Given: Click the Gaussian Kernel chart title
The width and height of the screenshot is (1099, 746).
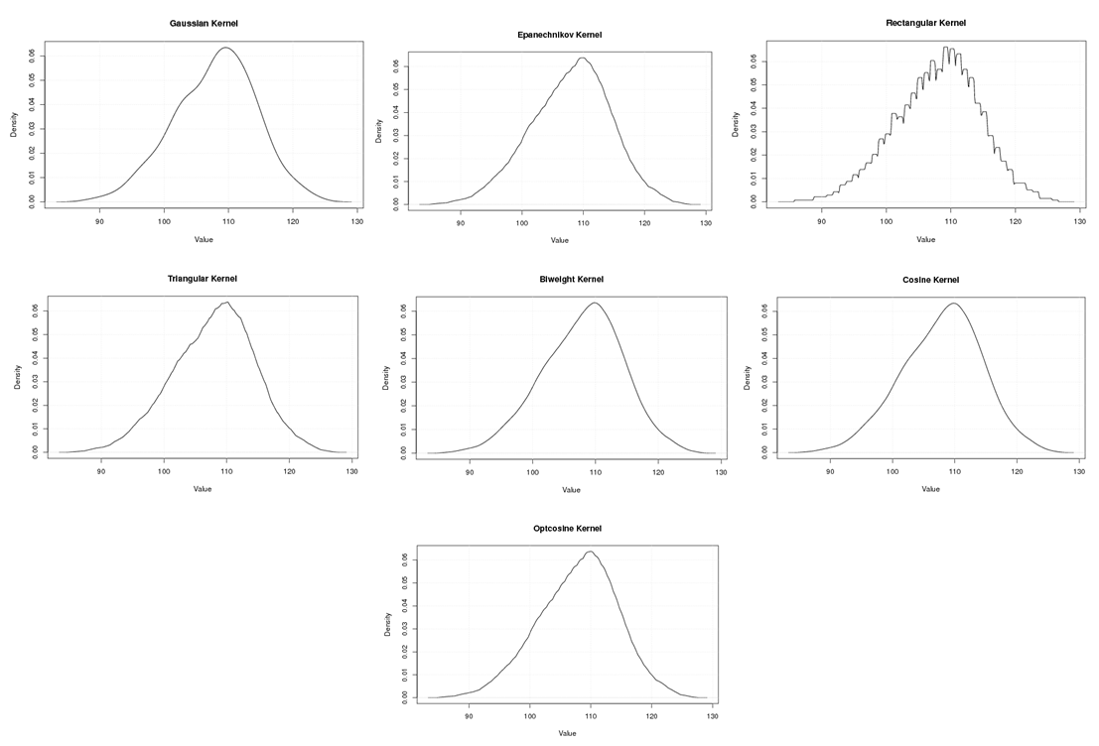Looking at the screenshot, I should tap(204, 23).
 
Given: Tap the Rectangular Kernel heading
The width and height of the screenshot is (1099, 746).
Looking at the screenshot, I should tap(925, 23).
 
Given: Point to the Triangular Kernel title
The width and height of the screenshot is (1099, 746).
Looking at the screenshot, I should tap(203, 279).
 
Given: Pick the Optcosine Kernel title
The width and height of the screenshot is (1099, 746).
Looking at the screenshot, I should tap(567, 529).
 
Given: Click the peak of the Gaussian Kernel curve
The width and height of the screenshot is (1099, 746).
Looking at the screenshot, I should tap(227, 48).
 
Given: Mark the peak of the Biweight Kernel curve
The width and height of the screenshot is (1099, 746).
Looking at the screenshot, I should tap(594, 303).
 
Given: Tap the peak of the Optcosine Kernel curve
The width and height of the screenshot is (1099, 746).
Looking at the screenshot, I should tap(590, 552).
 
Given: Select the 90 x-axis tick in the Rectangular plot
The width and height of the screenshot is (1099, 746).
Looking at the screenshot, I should tap(821, 221).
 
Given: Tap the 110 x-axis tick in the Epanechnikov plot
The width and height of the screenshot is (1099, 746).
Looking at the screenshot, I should tap(583, 224).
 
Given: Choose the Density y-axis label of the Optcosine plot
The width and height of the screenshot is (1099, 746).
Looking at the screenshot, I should tap(387, 624).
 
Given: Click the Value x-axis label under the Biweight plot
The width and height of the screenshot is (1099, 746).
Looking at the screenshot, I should tap(571, 490).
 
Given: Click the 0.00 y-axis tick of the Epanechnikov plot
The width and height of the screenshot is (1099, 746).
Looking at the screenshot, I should tap(397, 203).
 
